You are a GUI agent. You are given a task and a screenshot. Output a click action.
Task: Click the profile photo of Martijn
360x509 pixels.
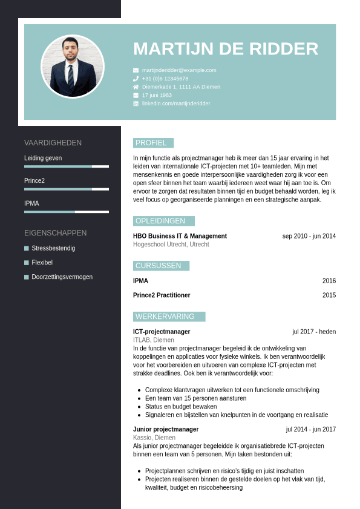click(x=73, y=67)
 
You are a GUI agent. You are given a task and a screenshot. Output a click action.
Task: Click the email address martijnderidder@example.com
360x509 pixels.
click(x=179, y=70)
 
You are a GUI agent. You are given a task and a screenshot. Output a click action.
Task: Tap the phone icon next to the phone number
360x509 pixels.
click(x=136, y=79)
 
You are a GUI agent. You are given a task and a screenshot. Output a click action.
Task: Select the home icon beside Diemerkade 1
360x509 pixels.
click(x=136, y=87)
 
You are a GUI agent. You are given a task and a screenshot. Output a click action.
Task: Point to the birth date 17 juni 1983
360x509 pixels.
click(x=157, y=96)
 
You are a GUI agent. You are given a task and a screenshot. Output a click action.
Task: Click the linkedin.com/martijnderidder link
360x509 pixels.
click(x=176, y=104)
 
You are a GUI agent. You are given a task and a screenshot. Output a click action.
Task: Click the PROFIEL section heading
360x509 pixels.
click(x=151, y=143)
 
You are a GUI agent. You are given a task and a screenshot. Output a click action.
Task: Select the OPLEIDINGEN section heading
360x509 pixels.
click(x=161, y=221)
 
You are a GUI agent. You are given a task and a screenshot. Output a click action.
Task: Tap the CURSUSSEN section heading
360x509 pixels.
click(x=159, y=266)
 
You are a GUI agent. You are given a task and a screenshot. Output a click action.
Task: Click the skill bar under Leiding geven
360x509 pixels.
click(x=67, y=166)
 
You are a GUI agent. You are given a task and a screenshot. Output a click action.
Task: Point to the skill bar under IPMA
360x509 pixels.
click(x=67, y=212)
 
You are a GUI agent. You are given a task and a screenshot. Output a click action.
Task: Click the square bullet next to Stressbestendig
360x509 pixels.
click(x=27, y=248)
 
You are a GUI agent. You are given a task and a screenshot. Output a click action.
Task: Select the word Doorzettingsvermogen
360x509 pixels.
click(x=62, y=277)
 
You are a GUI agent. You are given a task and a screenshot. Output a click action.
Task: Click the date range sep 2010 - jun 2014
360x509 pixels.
click(x=309, y=236)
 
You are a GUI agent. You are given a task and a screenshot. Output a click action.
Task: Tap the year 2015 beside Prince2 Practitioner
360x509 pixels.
click(x=329, y=295)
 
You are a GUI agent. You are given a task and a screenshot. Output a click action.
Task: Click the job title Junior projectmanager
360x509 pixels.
click(x=166, y=429)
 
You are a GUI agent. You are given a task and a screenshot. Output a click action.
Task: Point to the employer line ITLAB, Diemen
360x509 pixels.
click(x=154, y=340)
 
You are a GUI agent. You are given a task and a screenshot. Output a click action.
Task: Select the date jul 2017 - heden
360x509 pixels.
click(x=314, y=332)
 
